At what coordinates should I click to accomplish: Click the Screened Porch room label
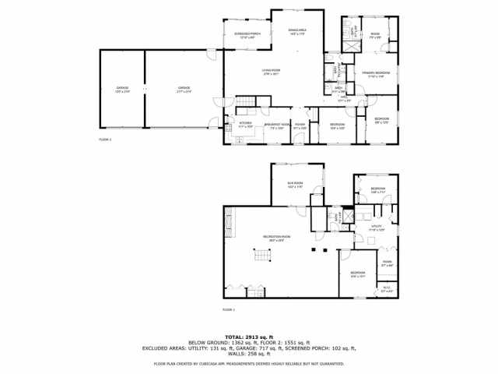pos(247,35)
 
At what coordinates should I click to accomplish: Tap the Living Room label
pos(270,72)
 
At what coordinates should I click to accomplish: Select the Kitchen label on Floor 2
pos(245,124)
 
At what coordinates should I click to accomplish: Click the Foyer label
pos(300,125)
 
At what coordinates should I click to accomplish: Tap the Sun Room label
pos(295,185)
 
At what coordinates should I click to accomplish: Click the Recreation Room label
pos(276,238)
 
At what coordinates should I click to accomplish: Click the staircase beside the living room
pos(246,101)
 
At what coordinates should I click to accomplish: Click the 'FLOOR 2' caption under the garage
pos(105,139)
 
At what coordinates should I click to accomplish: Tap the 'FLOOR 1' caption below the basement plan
pos(229,309)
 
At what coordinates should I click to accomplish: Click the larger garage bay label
pos(184,89)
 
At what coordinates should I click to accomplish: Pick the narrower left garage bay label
pos(122,89)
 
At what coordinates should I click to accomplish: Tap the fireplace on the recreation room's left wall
pos(229,226)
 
